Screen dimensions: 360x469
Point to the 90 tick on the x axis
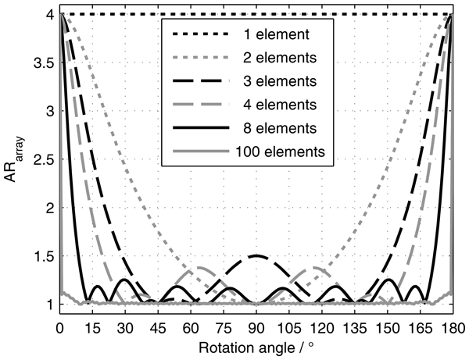(256, 323)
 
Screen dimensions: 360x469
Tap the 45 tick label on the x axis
(158, 323)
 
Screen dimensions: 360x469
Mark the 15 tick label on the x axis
(92, 323)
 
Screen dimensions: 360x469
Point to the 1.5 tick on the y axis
(45, 255)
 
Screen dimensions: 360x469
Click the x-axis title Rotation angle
(256, 344)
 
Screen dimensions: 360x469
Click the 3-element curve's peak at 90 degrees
(256, 255)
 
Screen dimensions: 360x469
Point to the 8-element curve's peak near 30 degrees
(125, 279)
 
